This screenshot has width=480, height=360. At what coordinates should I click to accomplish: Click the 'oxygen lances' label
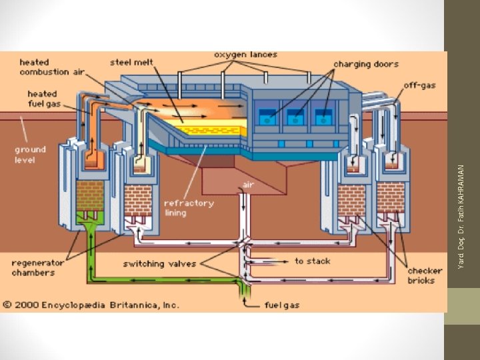246,55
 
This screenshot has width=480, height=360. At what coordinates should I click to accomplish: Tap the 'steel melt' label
132,63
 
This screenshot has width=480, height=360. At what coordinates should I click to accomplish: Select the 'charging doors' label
366,65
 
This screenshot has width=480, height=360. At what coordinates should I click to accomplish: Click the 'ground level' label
31,155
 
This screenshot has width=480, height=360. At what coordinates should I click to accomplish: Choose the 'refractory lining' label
189,207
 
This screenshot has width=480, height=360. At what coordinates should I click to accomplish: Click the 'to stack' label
313,261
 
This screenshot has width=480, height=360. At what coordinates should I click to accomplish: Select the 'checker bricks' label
421,275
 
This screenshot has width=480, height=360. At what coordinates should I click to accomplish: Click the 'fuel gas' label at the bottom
282,305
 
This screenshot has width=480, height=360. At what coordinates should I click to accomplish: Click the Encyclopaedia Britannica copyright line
91,305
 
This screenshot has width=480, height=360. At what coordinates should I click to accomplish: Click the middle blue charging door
294,117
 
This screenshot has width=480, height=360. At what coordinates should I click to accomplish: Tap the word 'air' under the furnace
248,184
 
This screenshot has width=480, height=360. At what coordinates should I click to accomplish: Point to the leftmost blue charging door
267,117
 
